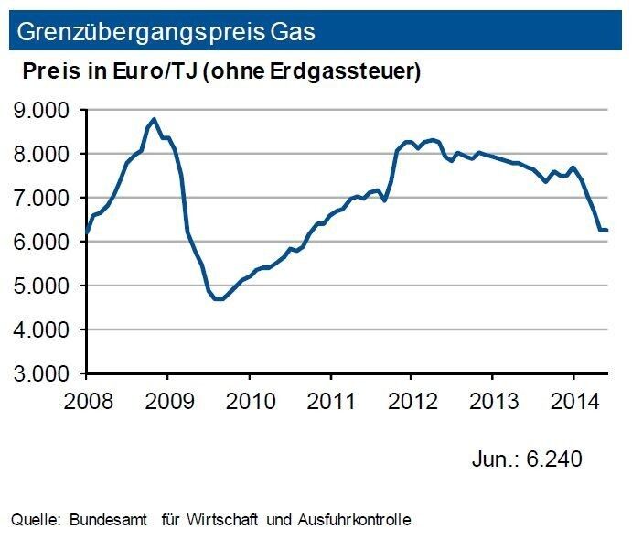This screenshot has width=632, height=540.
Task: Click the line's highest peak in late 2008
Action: [154, 119]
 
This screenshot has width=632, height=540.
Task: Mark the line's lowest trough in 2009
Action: [220, 298]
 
